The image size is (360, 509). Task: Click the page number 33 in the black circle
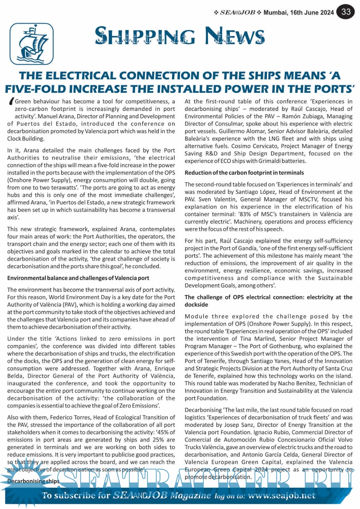click(346, 12)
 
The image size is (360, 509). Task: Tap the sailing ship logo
click(32, 44)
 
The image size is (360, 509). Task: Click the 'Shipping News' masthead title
click(180, 36)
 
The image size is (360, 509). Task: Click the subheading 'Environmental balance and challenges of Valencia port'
click(78, 278)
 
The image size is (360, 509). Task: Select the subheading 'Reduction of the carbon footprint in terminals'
click(244, 173)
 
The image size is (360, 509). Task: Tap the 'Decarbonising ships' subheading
click(33, 481)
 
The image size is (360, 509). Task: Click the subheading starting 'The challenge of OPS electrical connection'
click(268, 297)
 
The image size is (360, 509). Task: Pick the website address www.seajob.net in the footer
click(282, 496)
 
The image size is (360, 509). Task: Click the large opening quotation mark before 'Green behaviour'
click(11, 102)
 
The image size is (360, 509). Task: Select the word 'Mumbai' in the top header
click(275, 13)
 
